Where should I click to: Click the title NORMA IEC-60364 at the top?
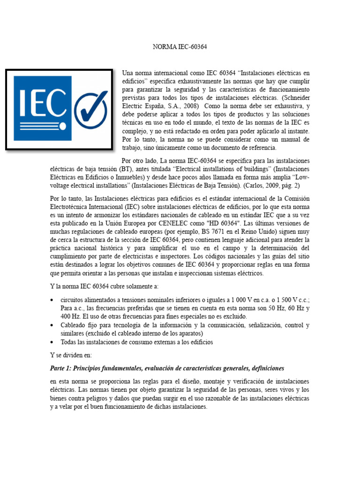point(180,47)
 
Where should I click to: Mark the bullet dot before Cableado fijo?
point(52,325)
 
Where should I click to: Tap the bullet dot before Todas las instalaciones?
point(52,342)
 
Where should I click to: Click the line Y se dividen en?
point(72,355)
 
